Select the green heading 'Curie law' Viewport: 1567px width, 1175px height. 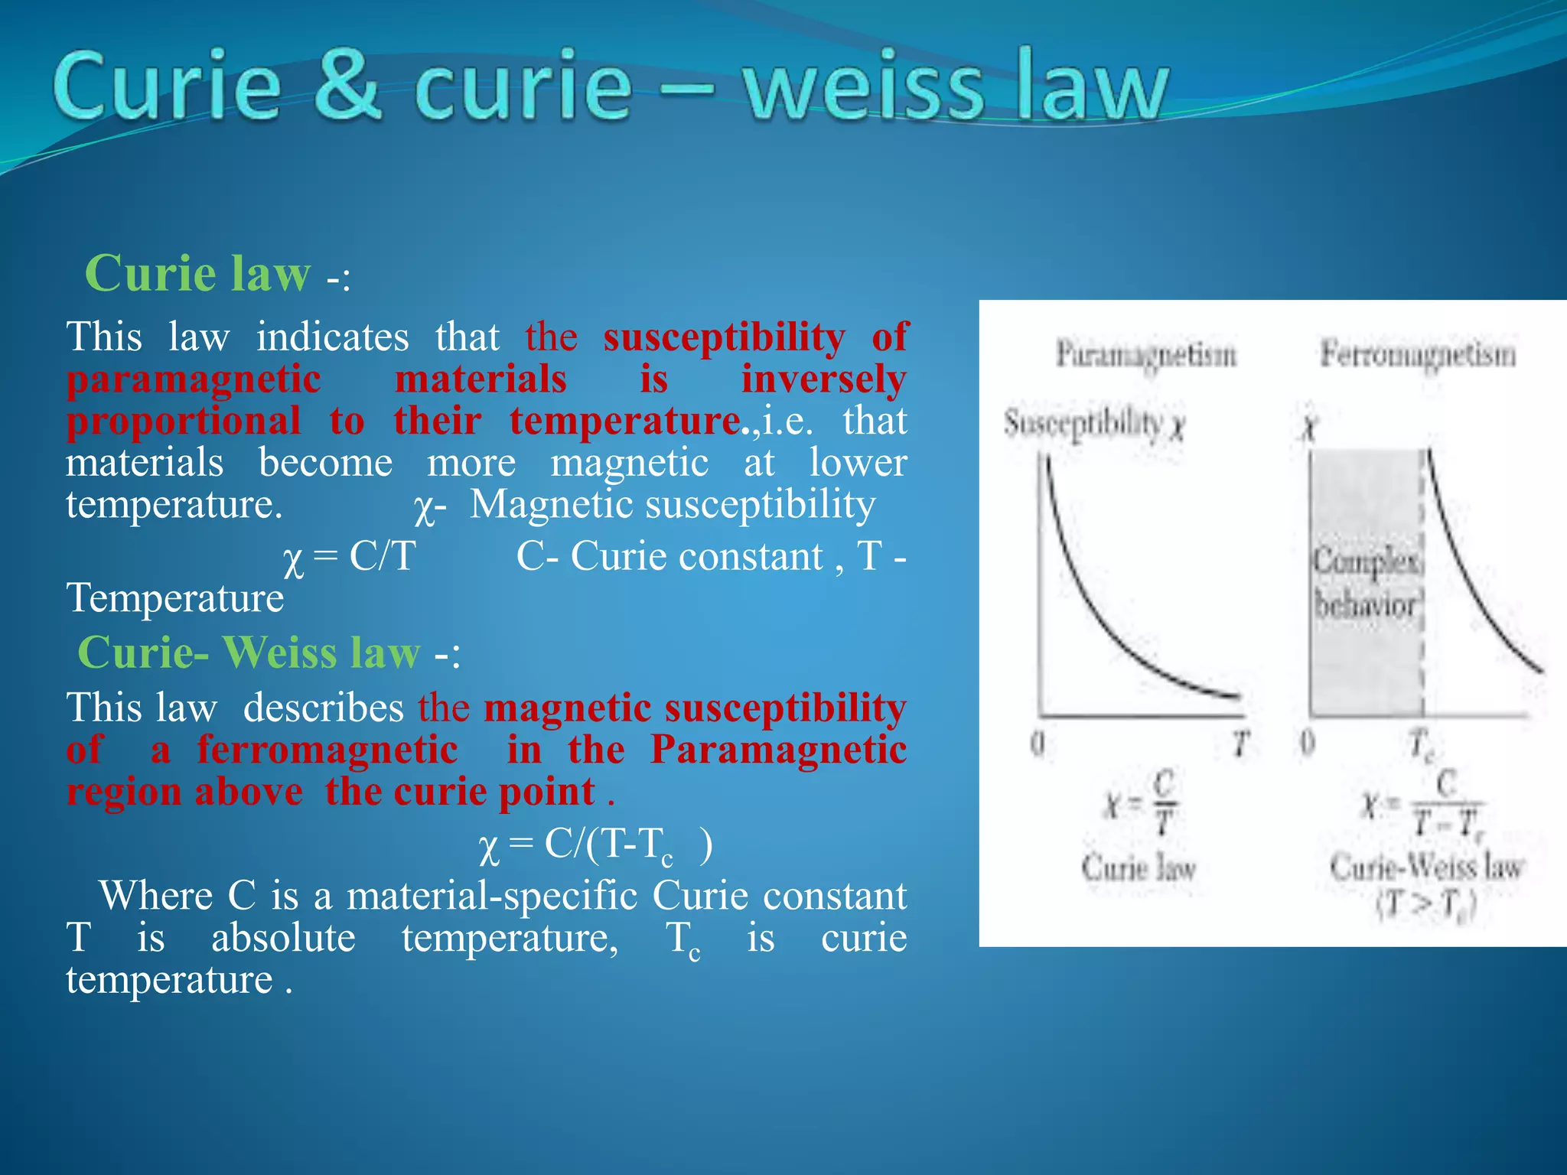pos(197,273)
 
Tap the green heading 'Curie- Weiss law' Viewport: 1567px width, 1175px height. pos(249,653)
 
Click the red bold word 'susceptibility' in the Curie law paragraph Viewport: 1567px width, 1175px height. pos(724,337)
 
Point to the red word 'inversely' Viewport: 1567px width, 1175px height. pos(823,379)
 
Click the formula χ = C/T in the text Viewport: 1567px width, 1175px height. pos(349,557)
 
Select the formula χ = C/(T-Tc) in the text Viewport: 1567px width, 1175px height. pos(595,845)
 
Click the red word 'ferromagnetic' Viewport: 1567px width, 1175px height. pos(327,750)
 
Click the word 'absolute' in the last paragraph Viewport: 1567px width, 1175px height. pos(283,937)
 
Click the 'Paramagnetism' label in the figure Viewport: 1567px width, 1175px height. pos(1145,355)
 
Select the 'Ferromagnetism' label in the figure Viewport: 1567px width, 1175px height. pos(1417,354)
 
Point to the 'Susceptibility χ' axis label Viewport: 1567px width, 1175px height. pos(1094,424)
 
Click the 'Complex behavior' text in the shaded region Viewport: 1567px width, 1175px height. pos(1367,583)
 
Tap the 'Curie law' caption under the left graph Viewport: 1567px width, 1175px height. pos(1139,867)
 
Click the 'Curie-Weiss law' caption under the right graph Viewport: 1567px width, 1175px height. pos(1426,867)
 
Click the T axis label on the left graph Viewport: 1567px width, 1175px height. pos(1240,743)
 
